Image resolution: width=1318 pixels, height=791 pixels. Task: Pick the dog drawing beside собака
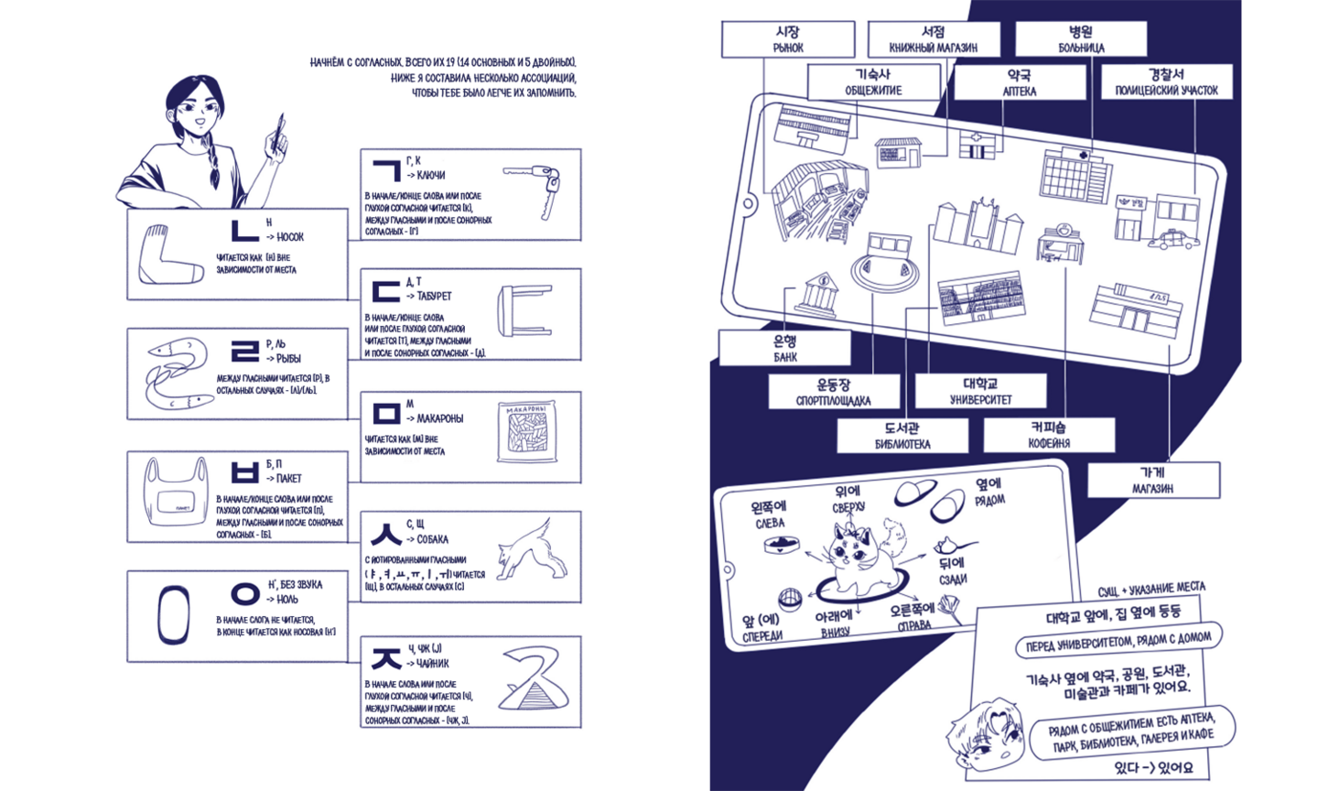(526, 553)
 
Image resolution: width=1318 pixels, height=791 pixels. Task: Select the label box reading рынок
(787, 40)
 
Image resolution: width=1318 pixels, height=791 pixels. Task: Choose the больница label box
(1080, 40)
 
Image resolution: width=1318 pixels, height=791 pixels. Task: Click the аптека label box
(1019, 83)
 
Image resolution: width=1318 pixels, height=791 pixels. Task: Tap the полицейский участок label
(1166, 82)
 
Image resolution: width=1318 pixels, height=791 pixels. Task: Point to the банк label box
(784, 349)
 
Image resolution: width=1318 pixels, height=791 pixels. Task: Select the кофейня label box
(1048, 435)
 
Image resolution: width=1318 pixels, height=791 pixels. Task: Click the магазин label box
(1152, 480)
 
